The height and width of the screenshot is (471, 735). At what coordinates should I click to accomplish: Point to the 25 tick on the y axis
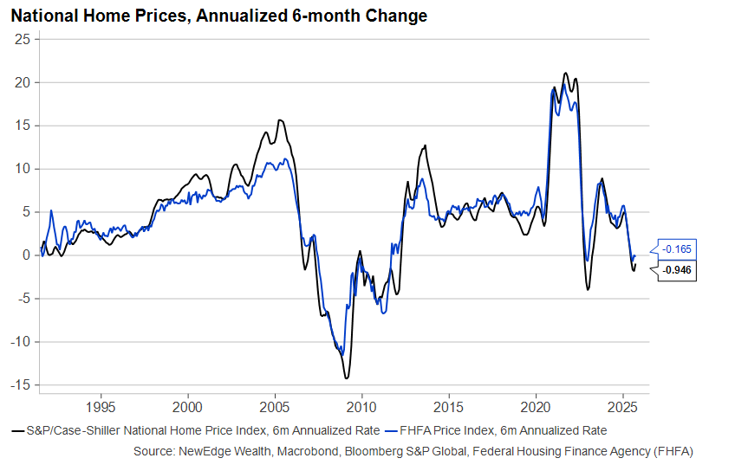(x=23, y=39)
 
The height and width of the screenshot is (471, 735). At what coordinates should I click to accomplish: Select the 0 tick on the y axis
(x=27, y=255)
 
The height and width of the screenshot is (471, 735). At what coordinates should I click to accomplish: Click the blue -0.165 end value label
(x=676, y=249)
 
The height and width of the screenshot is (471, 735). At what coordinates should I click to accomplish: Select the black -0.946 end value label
(x=676, y=270)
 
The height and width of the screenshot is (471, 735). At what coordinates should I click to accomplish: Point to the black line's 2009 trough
(x=347, y=377)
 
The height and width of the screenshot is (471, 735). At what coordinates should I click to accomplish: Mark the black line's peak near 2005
(x=279, y=120)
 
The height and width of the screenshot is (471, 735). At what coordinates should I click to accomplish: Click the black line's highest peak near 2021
(x=565, y=74)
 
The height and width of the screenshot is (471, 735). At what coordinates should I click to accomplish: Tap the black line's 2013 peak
(x=425, y=145)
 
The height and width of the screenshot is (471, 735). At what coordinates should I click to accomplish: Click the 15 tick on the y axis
(x=23, y=126)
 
